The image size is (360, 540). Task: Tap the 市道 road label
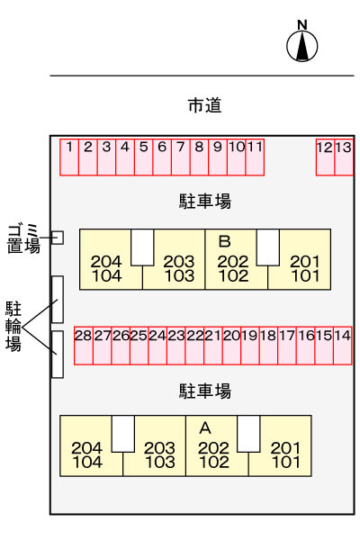click(204, 105)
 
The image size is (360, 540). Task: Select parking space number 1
click(69, 157)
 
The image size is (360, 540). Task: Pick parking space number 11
click(255, 157)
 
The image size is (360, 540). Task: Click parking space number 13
click(344, 157)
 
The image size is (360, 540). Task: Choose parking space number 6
click(162, 157)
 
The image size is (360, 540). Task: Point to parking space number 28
click(84, 346)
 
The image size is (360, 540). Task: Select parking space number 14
click(343, 346)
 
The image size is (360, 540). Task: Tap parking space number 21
click(213, 346)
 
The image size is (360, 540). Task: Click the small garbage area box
click(58, 238)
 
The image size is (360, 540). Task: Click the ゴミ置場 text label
click(23, 238)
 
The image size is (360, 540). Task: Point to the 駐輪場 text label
click(13, 327)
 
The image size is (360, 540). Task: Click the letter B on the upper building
click(225, 241)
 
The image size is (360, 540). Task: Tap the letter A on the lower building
click(205, 428)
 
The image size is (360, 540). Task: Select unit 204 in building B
click(106, 262)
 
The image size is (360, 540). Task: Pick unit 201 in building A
click(286, 448)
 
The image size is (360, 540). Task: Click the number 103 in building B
click(179, 276)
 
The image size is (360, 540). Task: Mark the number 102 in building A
click(214, 463)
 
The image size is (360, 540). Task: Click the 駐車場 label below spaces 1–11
click(205, 201)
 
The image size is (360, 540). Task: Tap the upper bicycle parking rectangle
click(58, 300)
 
